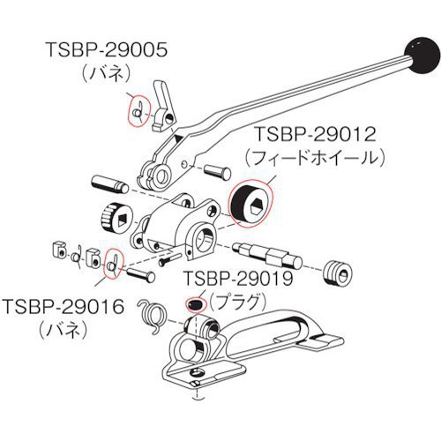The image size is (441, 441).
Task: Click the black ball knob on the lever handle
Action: [x=422, y=56]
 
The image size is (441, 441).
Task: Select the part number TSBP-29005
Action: [x=107, y=49]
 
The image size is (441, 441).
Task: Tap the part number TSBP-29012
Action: [x=315, y=134]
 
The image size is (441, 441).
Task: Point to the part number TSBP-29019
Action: [x=238, y=278]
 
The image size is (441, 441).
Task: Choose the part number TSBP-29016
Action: [x=64, y=306]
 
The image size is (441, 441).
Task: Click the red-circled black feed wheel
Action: [x=250, y=204]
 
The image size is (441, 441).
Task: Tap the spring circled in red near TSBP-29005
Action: [x=138, y=111]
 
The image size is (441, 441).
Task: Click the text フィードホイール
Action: [x=315, y=158]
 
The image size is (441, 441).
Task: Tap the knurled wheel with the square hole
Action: [x=116, y=218]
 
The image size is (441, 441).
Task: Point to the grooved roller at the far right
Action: [x=338, y=273]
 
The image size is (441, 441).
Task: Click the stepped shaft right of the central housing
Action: [x=267, y=255]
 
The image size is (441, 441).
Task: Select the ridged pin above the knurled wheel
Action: [x=110, y=184]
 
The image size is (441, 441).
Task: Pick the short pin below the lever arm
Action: [x=218, y=172]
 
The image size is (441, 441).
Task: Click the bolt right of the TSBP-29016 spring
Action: [x=141, y=275]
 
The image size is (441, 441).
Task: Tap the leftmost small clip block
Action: [x=60, y=250]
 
